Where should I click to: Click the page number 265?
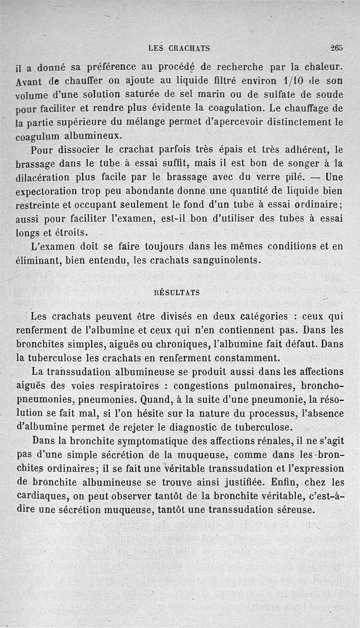336,47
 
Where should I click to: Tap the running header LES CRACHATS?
179,48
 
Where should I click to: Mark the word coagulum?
38,136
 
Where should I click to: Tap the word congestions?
202,386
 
